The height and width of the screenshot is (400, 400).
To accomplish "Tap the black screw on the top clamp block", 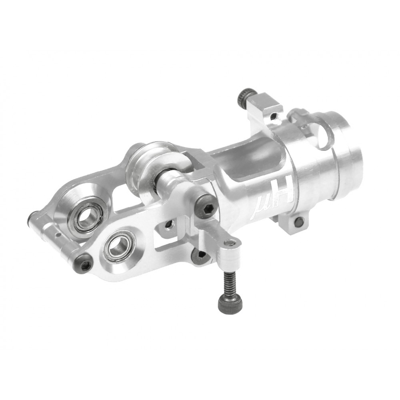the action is (x=243, y=96).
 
